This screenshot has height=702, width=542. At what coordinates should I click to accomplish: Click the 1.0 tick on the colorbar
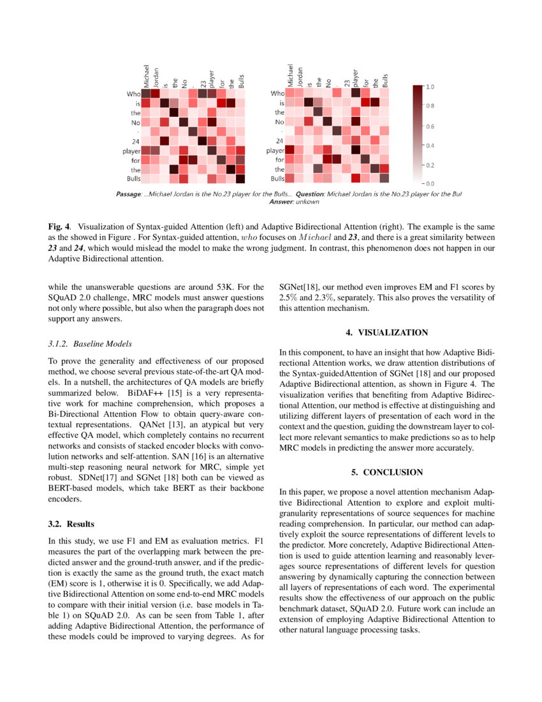430,86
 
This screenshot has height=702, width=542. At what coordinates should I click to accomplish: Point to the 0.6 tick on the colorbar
430,126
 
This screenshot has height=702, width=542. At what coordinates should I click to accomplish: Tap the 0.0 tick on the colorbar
430,184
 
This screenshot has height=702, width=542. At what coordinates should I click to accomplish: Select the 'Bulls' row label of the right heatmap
277,179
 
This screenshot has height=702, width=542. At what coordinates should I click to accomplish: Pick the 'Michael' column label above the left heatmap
146,75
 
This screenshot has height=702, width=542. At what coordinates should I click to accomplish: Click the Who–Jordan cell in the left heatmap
155,94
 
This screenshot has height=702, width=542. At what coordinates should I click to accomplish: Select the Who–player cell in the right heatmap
356,94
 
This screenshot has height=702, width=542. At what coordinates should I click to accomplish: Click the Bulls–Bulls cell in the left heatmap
240,179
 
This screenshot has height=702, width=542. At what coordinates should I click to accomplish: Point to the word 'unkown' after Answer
307,202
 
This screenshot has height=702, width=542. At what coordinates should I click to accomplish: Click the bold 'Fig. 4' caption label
58,226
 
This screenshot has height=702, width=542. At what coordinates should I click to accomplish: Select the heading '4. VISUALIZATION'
387,332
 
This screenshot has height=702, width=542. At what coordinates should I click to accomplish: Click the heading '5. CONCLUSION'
387,472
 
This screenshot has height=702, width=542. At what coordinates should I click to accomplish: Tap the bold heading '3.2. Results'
71,524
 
